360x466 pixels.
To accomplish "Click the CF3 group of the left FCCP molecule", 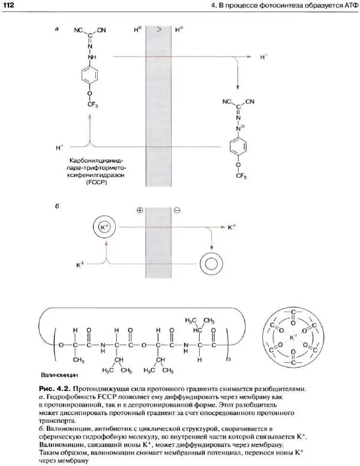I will coord(90,105).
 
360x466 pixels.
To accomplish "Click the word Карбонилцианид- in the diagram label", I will coord(95,161).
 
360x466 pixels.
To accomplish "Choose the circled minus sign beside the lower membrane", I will coord(177,211).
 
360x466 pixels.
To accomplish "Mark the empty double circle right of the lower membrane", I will coord(212,262).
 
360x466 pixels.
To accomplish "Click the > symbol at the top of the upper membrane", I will coord(158,29).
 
